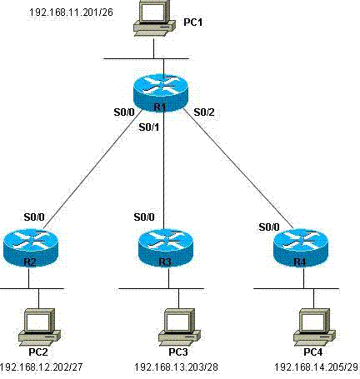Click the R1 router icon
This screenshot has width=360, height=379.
pos(161,92)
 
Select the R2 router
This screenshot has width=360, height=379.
pos(31,247)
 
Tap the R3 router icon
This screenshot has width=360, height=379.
pos(166,247)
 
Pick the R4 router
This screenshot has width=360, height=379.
pos(301,247)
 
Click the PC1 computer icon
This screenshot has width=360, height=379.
pos(154,18)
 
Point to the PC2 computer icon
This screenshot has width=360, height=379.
pos(39,327)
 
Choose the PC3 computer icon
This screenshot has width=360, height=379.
pos(179,327)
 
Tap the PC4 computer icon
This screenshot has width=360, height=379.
pos(314,327)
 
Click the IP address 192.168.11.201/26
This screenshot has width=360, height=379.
pos(71,12)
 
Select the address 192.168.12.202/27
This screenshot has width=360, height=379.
pos(41,367)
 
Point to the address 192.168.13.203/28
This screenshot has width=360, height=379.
pos(177,367)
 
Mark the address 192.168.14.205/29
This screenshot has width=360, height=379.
pos(317,367)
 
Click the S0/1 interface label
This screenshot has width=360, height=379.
pos(149,127)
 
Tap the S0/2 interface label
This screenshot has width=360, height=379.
pos(204,112)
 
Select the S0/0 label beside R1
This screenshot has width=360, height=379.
pos(124,112)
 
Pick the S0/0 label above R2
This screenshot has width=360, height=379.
pos(34,217)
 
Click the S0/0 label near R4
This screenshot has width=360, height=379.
pos(269,227)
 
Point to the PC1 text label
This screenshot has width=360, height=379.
pos(193,22)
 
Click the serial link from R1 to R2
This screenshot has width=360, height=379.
pos(93,169)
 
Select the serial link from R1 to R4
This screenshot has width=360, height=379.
pos(238,169)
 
